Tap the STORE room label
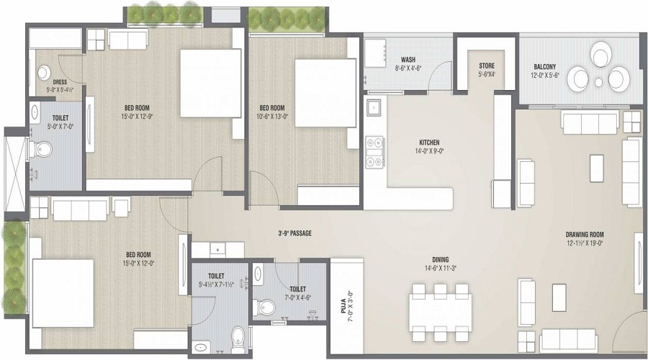(x=487, y=66)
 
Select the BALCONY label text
(x=544, y=66)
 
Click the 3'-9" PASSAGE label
(x=295, y=233)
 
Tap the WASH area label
(x=408, y=60)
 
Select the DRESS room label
(x=60, y=82)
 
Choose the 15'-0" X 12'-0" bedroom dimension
(x=138, y=262)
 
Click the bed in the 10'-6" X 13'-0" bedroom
(x=325, y=93)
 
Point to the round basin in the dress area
(x=43, y=73)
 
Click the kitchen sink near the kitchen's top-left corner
(x=374, y=108)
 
